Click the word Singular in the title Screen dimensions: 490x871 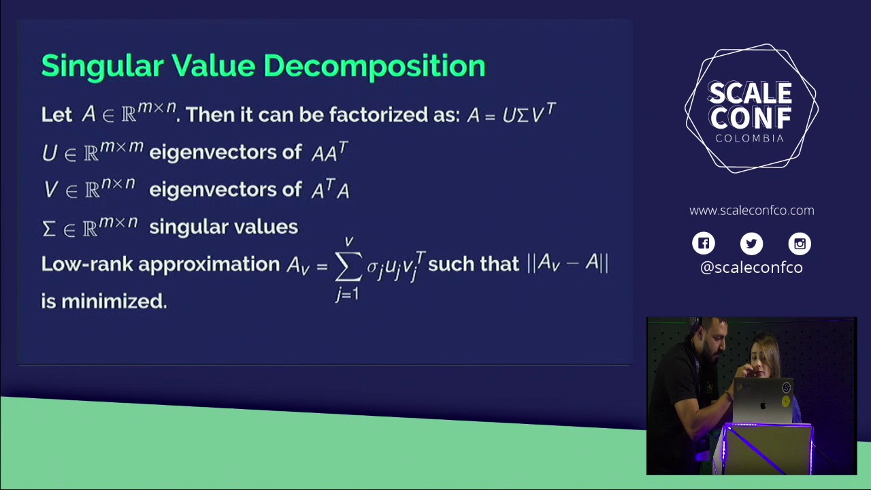tap(102, 66)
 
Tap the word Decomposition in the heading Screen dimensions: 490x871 tap(374, 67)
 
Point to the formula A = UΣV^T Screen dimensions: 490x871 tap(511, 114)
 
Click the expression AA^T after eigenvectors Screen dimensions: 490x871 tap(329, 152)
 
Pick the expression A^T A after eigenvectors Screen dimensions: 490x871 tap(330, 190)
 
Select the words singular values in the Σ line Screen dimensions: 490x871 tap(223, 227)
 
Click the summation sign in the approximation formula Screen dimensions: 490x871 tap(348, 267)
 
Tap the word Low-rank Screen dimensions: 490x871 tap(86, 264)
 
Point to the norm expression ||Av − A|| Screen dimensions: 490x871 tap(568, 263)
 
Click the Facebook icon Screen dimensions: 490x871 tap(704, 244)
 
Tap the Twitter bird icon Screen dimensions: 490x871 tap(752, 244)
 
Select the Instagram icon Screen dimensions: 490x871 tap(800, 244)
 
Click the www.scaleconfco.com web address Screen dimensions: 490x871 tap(752, 210)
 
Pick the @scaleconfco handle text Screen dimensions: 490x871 tap(752, 267)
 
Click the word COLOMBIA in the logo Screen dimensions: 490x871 tap(750, 138)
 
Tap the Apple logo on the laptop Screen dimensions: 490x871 tap(763, 404)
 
